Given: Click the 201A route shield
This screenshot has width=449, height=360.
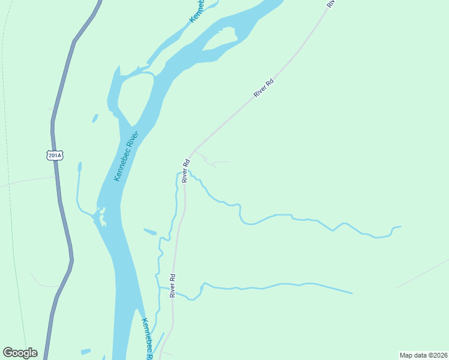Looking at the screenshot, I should click(54, 155).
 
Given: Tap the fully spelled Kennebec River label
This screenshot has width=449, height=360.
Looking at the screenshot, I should click(126, 156).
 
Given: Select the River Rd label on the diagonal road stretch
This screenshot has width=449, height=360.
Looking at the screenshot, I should click(264, 88).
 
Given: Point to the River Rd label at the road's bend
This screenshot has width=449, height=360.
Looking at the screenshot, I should click(186, 170).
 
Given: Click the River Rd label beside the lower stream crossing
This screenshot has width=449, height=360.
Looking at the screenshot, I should click(172, 286).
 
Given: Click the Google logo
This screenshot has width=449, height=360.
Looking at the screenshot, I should click(20, 353).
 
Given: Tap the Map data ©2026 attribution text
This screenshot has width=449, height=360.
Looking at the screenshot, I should click(423, 355).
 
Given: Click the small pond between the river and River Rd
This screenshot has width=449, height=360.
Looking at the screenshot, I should click(149, 231).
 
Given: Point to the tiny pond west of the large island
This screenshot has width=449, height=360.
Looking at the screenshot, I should click(95, 118).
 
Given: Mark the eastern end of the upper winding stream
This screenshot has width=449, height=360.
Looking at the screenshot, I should click(400, 227).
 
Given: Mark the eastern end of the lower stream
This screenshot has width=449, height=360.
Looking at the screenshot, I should click(351, 293).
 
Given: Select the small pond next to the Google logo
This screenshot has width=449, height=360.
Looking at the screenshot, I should click(86, 351).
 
